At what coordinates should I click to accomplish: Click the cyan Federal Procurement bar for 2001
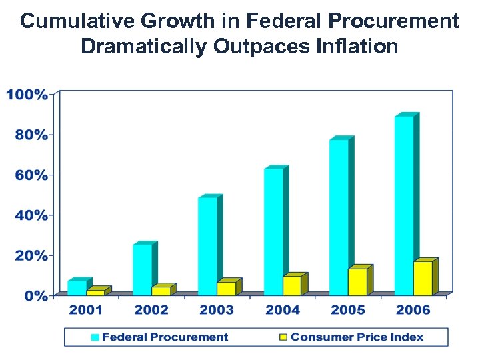77,287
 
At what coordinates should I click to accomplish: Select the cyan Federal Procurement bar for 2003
207,246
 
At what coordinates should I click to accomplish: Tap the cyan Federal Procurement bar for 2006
404,205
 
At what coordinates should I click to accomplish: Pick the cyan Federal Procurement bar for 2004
273,231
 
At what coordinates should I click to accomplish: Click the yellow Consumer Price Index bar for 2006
423,278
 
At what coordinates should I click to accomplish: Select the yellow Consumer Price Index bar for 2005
357,281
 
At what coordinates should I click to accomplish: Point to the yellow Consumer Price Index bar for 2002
161,291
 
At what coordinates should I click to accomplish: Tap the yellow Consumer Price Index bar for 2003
226,288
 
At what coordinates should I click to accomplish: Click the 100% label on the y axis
27,95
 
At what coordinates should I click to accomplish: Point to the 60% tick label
31,175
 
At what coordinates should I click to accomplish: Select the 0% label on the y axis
36,295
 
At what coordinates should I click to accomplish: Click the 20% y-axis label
31,255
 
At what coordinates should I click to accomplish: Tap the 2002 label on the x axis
151,310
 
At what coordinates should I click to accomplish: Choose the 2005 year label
348,310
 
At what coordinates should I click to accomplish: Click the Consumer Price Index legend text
357,337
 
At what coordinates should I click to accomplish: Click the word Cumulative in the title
73,21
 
